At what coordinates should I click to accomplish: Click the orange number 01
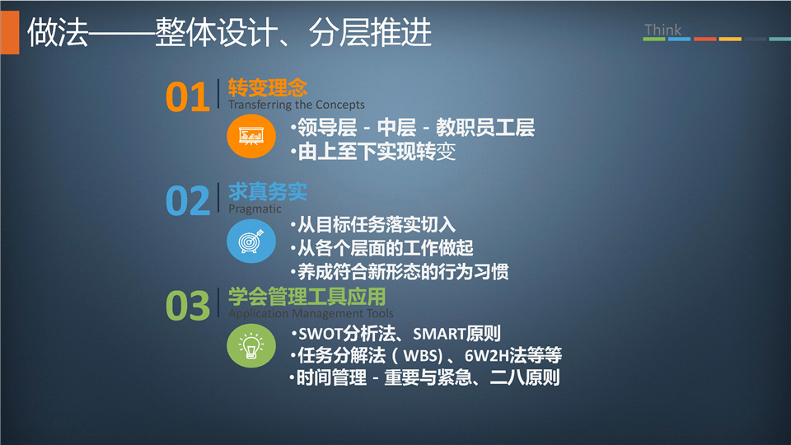click(x=188, y=97)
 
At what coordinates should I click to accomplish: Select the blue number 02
click(x=188, y=201)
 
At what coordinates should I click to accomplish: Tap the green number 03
click(x=188, y=305)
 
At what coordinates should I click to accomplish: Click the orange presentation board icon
click(x=251, y=136)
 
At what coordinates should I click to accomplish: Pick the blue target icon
click(x=251, y=241)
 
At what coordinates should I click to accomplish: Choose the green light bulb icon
click(x=251, y=345)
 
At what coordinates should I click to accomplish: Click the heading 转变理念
click(x=267, y=88)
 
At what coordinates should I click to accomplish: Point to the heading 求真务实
click(x=267, y=192)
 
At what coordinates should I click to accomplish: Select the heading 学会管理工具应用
click(x=307, y=296)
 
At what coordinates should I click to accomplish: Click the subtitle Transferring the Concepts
click(x=296, y=105)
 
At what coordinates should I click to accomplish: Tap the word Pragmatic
click(x=255, y=208)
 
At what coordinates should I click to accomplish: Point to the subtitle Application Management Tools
click(x=311, y=313)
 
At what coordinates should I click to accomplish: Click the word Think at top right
click(x=662, y=30)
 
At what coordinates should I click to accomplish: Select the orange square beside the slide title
click(x=10, y=32)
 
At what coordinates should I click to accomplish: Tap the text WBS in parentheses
click(x=423, y=356)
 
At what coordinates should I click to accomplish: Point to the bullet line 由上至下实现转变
click(x=377, y=152)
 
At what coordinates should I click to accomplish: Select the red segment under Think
click(x=704, y=39)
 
